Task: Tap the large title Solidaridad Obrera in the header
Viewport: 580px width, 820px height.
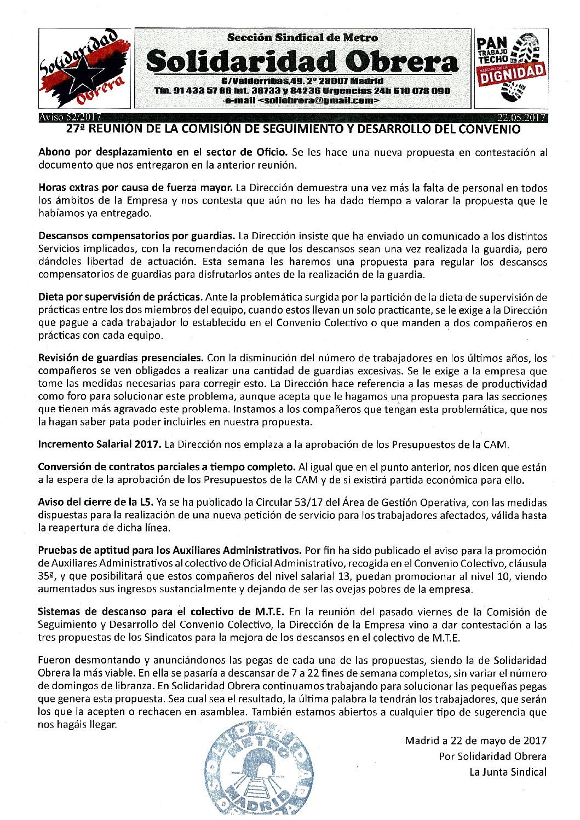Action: pos(302,61)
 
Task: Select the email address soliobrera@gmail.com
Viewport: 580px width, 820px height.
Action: pos(318,101)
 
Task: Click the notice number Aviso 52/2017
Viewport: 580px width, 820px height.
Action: pos(66,117)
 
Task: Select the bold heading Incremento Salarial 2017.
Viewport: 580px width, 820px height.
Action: pos(100,444)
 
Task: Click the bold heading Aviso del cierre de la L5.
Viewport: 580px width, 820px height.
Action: pos(96,502)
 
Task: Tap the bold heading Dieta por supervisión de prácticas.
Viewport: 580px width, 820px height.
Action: pos(120,297)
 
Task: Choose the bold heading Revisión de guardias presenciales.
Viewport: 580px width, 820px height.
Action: pos(121,358)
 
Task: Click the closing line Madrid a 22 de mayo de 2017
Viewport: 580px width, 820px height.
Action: pos(475,741)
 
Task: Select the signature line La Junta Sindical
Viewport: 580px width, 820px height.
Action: pos(508,772)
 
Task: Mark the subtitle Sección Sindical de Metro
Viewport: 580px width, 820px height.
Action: pos(302,38)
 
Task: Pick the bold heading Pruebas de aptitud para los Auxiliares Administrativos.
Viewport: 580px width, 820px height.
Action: pos(170,550)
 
